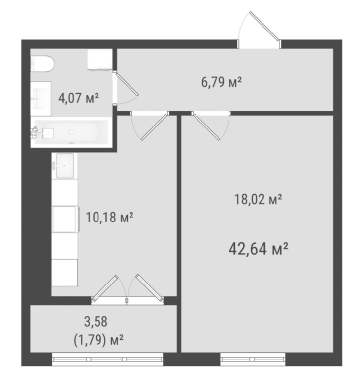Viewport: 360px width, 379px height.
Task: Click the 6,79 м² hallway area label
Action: tap(221, 82)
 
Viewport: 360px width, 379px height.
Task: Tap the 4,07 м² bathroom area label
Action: tap(79, 98)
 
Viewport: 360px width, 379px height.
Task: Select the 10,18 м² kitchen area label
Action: tap(109, 217)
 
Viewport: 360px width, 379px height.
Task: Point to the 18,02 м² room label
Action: tap(258, 200)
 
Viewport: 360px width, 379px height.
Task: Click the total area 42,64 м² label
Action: tap(258, 249)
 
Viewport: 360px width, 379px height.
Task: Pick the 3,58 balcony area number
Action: tap(96, 322)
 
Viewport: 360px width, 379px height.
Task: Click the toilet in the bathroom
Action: tap(42, 63)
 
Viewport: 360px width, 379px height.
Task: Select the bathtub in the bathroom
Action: tap(70, 132)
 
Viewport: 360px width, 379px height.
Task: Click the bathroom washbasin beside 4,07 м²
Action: tap(41, 98)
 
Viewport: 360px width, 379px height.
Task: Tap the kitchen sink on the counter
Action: tap(65, 165)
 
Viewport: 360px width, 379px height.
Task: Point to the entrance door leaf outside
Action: tap(264, 26)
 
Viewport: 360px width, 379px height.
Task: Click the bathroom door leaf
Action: tap(127, 84)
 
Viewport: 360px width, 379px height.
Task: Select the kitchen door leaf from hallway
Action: tap(155, 126)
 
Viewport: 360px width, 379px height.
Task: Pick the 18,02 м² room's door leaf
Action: tap(207, 126)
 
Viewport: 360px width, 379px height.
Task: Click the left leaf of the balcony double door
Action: tap(105, 288)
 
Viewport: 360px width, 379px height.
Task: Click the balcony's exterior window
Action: tap(107, 359)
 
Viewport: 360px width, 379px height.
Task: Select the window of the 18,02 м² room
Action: tap(253, 359)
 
